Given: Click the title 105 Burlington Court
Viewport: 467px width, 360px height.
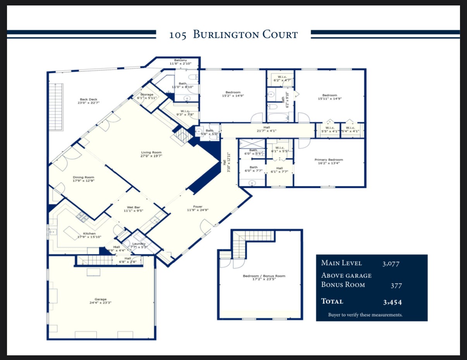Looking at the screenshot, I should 233,35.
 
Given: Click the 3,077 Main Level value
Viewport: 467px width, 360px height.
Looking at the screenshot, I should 390,264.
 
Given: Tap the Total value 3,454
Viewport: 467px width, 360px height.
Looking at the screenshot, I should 392,302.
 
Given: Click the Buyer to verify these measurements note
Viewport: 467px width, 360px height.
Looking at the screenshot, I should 365,315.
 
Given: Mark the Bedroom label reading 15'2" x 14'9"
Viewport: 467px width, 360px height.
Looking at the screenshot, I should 233,94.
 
